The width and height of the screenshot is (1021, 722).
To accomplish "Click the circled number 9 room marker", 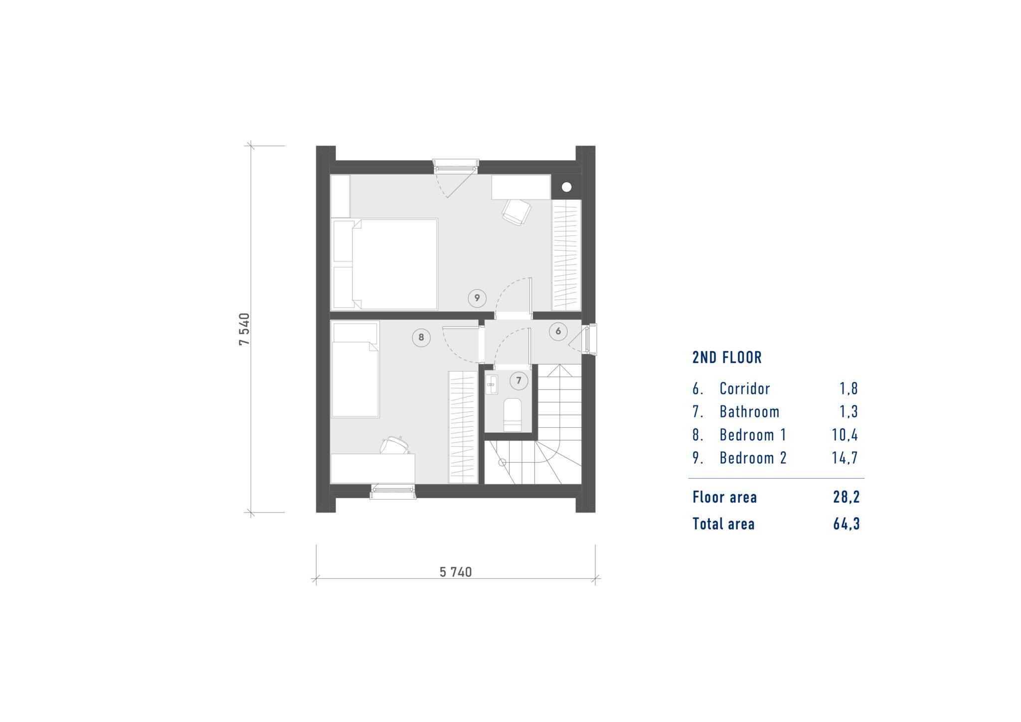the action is tap(477, 298).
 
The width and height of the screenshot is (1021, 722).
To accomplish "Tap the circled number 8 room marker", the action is tap(421, 338).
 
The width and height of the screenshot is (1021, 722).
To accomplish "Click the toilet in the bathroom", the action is tap(513, 414).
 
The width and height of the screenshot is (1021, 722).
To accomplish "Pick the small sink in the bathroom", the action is tap(492, 384).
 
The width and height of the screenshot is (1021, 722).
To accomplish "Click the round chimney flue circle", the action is tap(567, 187).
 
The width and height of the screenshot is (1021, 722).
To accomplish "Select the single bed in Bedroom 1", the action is tap(355, 369).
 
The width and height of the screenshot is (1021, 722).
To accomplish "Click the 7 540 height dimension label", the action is tap(244, 329).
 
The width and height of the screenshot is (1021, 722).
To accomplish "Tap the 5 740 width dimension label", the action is tap(456, 572).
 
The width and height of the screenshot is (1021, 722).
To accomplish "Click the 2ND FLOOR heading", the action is tap(727, 358).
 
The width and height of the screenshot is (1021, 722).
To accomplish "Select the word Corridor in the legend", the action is tap(745, 388).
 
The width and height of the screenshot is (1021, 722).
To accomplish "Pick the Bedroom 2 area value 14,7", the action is tap(845, 458).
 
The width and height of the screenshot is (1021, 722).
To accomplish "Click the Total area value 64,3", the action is tap(846, 524).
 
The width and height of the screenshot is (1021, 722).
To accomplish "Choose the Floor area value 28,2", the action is tap(846, 497).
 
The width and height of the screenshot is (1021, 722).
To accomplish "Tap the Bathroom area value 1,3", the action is tap(849, 411).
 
